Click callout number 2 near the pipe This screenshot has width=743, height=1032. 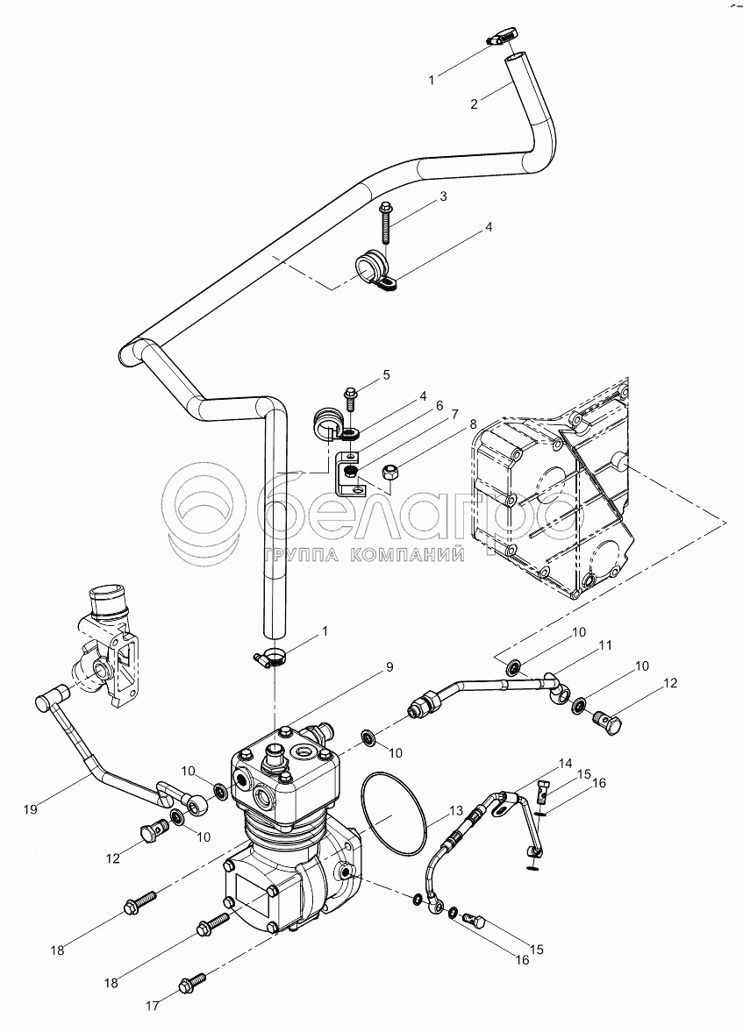[x=474, y=103]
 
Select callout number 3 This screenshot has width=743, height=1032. [x=443, y=196]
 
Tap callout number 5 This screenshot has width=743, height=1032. [x=385, y=375]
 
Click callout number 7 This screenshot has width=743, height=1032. [x=454, y=413]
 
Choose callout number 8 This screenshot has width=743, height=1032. [x=474, y=423]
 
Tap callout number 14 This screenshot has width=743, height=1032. [x=564, y=763]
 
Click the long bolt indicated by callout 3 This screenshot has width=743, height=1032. [x=387, y=223]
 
